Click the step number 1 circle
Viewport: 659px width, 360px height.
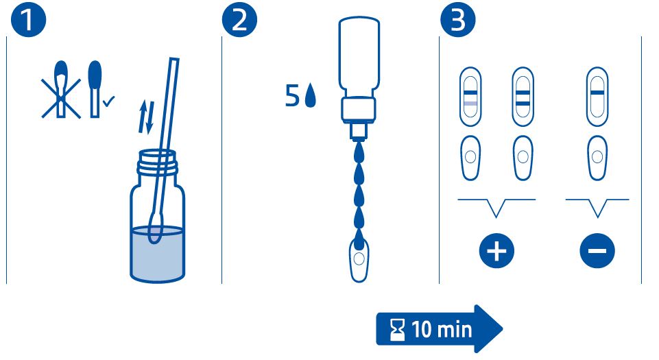pos(28,20)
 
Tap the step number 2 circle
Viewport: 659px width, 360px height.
pos(239,20)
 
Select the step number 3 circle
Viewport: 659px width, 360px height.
pos(458,20)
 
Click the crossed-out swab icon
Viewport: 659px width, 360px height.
pos(61,89)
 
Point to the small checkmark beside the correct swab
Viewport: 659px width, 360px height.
pos(108,101)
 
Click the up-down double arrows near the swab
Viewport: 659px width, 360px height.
pos(147,117)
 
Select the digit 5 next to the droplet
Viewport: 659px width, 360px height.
pos(292,95)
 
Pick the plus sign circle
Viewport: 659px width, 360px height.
pos(496,251)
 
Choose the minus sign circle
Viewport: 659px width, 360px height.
pos(597,251)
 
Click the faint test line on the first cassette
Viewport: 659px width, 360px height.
pos(470,104)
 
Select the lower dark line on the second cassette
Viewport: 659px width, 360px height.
pos(523,104)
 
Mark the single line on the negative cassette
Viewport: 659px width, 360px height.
pos(597,93)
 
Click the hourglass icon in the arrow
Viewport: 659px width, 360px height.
pos(397,329)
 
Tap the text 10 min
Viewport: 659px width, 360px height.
pos(442,329)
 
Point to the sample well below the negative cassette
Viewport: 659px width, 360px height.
pos(597,157)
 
